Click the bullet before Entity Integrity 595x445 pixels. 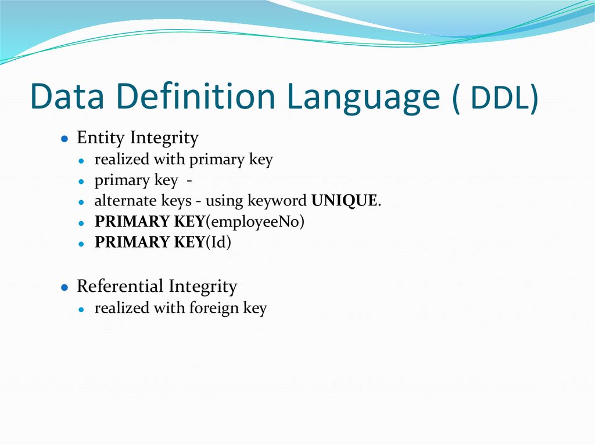pyautogui.click(x=66, y=139)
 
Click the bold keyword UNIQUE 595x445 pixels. pyautogui.click(x=345, y=201)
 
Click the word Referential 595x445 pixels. pyautogui.click(x=120, y=286)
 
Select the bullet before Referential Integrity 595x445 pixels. pyautogui.click(x=66, y=288)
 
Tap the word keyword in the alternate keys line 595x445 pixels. pyautogui.click(x=278, y=201)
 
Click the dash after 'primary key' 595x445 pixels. pyautogui.click(x=189, y=180)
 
